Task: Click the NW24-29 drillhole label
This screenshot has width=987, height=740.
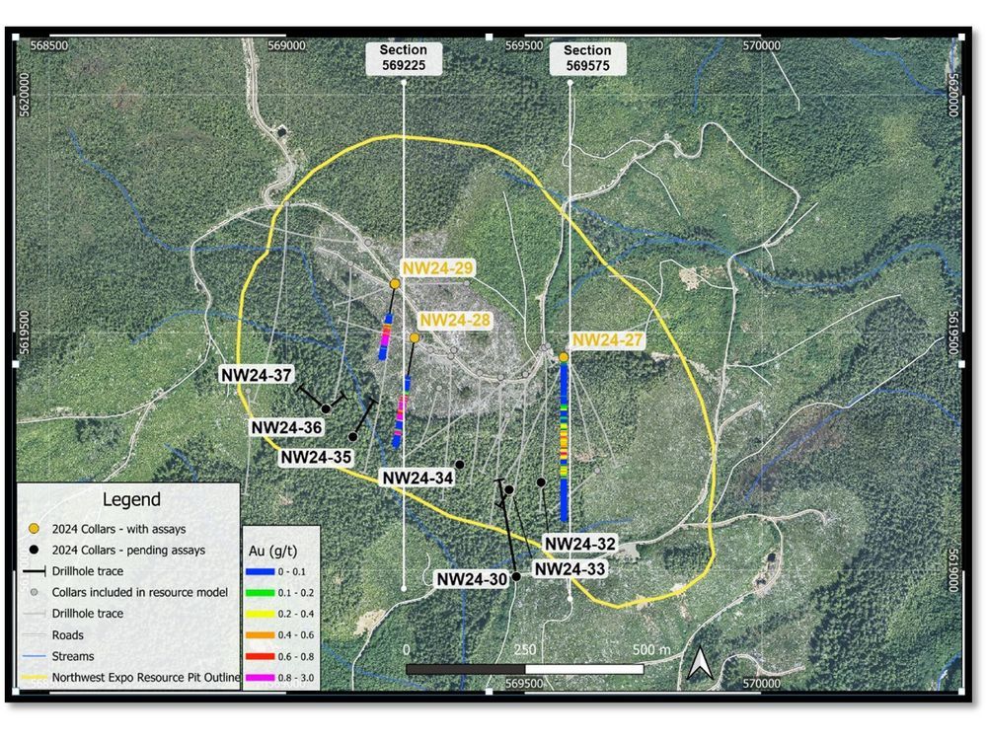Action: (437, 268)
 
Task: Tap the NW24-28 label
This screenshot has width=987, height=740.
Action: (454, 322)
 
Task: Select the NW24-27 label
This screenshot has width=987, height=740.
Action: (608, 340)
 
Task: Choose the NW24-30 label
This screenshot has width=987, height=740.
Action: (471, 580)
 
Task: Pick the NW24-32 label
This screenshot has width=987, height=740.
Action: (580, 544)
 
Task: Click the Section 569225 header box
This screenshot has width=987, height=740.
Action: (404, 58)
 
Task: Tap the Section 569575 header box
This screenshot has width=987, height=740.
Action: (587, 58)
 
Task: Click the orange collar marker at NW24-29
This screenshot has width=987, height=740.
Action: (394, 284)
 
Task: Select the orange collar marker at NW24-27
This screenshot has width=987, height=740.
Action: (564, 357)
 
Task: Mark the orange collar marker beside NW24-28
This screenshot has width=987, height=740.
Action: (415, 338)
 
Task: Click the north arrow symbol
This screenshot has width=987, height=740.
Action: (700, 662)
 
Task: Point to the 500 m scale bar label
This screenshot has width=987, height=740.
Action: (650, 651)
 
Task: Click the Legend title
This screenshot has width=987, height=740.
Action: (131, 500)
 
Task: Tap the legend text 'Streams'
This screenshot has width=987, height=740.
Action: (69, 656)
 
